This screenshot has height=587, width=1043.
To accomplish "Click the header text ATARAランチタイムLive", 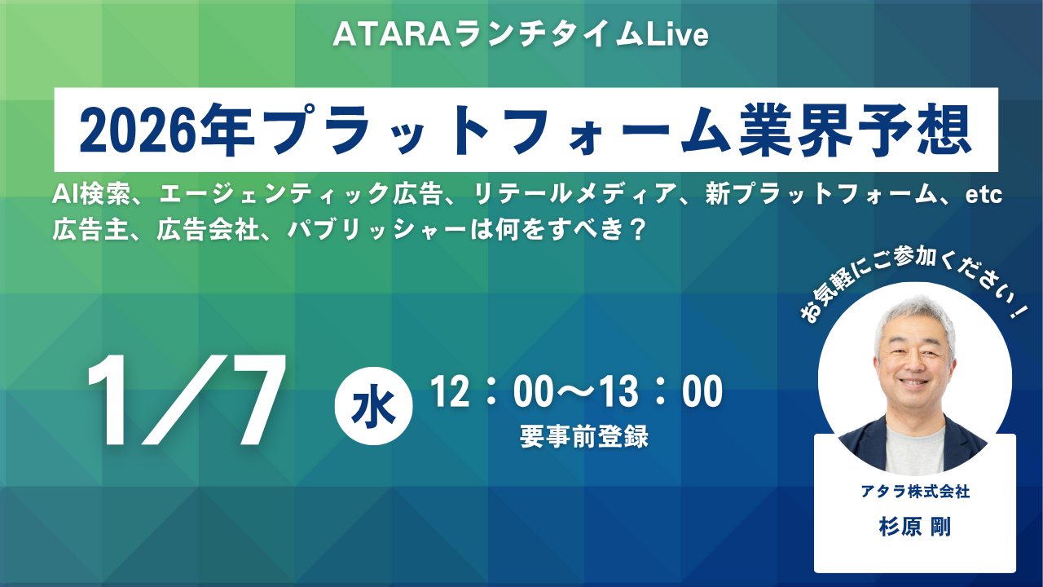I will pos(521,36).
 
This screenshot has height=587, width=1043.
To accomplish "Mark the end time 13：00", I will pos(659,394).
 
